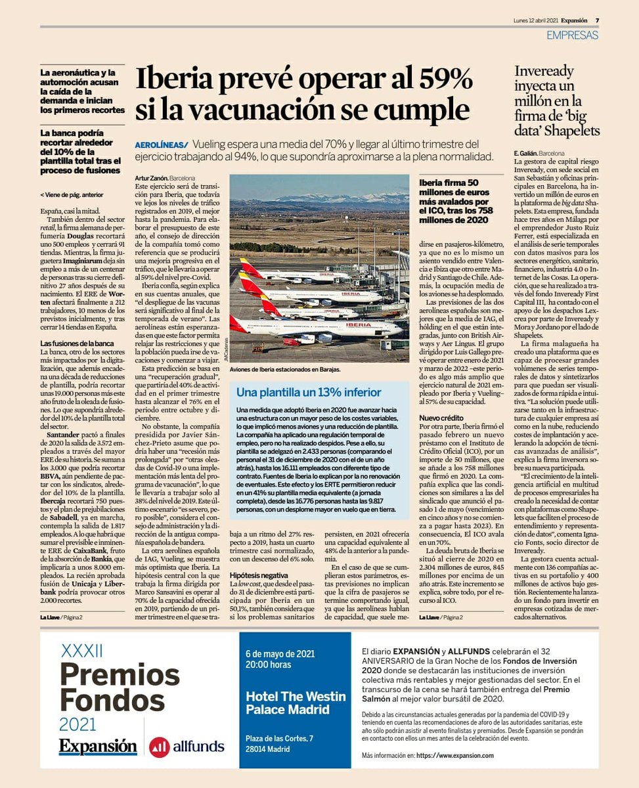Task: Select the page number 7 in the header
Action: [x=597, y=20]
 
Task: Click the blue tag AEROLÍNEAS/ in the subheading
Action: [x=161, y=144]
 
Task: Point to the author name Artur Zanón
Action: [x=150, y=178]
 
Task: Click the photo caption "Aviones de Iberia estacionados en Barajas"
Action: [x=286, y=370]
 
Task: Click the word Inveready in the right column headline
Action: [x=544, y=72]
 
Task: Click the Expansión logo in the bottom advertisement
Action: [x=98, y=747]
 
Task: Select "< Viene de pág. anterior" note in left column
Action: [x=72, y=195]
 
